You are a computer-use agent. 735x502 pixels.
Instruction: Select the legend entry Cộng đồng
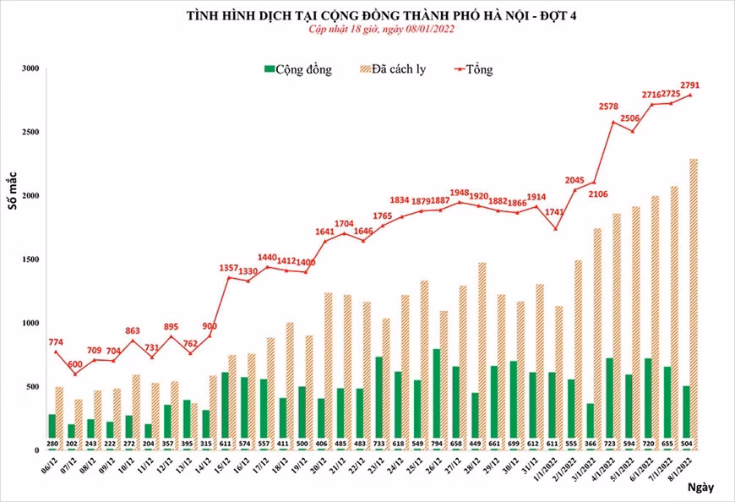click(297, 69)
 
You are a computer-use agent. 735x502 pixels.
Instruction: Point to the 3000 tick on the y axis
click(30, 68)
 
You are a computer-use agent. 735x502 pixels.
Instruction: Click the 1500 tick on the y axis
click(30, 259)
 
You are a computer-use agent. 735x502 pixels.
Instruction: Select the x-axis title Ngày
click(700, 488)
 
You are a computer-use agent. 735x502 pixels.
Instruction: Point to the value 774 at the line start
click(56, 342)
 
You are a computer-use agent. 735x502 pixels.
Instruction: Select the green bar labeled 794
click(436, 398)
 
